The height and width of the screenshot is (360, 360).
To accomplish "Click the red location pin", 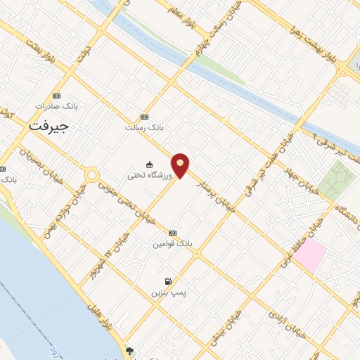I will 181,165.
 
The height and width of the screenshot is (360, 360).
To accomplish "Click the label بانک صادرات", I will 57,106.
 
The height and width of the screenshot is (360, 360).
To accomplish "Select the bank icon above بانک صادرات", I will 57,96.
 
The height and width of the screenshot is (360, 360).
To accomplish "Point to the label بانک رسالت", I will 144,128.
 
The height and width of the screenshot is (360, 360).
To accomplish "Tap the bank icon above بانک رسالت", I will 144,117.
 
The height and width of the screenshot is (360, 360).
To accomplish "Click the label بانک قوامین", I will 172,243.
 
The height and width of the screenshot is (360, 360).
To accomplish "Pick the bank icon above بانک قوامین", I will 172,233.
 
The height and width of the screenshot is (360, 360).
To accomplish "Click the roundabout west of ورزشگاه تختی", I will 91,174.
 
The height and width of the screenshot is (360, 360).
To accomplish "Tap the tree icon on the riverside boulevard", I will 129,349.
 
